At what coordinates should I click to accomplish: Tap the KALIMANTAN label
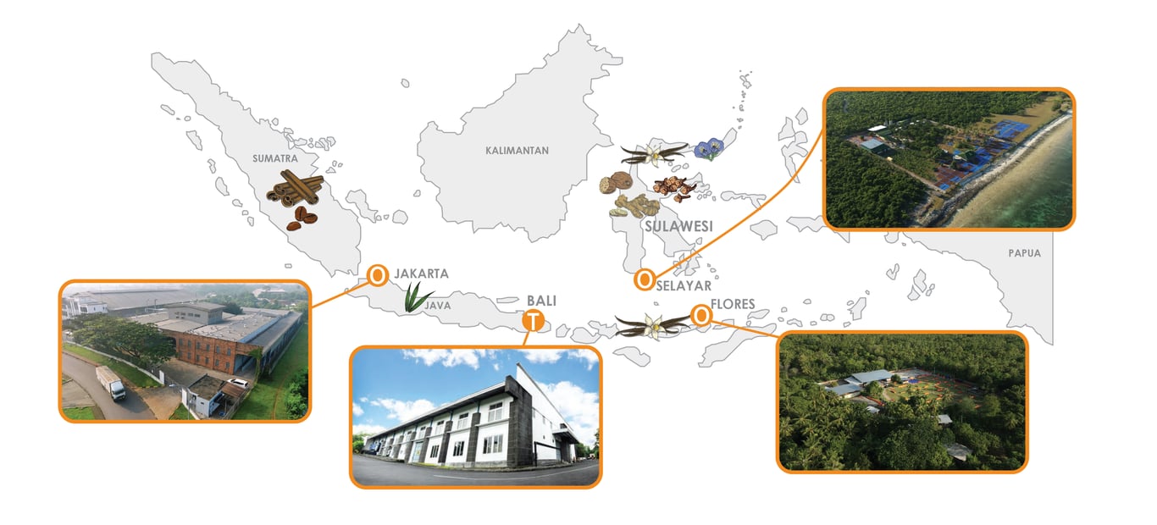517,151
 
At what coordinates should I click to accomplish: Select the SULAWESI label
678,227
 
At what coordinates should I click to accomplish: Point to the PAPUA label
1024,253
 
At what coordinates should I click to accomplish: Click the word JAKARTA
421,274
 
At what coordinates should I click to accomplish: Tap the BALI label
542,301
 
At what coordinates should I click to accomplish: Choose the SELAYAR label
684,286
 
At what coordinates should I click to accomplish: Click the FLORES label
733,304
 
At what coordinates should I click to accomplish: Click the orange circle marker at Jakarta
377,274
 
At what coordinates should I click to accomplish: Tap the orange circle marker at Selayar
644,278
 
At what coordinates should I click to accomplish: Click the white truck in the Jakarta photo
111,384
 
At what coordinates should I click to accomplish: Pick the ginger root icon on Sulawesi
634,206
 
